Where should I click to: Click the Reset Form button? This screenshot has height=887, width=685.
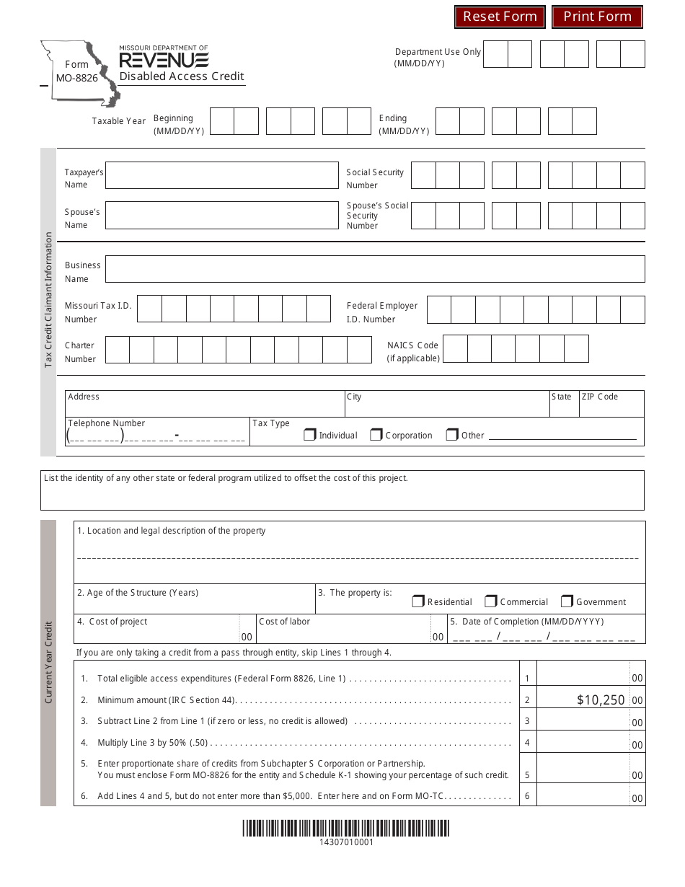tap(500, 17)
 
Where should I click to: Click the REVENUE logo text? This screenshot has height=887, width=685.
tap(164, 60)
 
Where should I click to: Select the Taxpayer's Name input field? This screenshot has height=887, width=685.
tap(221, 175)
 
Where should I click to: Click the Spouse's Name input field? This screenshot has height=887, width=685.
tap(221, 216)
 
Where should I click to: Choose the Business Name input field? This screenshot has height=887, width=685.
tap(374, 269)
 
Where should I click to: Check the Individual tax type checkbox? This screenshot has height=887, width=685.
tap(310, 435)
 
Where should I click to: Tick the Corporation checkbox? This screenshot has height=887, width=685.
tap(376, 435)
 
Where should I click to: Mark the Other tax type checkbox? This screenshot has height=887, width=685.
tap(452, 435)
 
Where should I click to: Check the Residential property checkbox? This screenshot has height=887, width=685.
tap(418, 601)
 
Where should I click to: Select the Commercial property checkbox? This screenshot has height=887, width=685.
tap(491, 601)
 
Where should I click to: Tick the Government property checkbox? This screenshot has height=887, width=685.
tap(567, 601)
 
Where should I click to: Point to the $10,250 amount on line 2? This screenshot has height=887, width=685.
tap(600, 700)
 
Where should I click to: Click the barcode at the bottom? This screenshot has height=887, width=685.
tap(345, 828)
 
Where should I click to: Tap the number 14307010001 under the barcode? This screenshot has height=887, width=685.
tap(346, 842)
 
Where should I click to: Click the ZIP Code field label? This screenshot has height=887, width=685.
tap(599, 397)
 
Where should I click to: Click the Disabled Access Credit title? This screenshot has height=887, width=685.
tap(182, 76)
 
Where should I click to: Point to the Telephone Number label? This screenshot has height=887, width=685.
tap(106, 423)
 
